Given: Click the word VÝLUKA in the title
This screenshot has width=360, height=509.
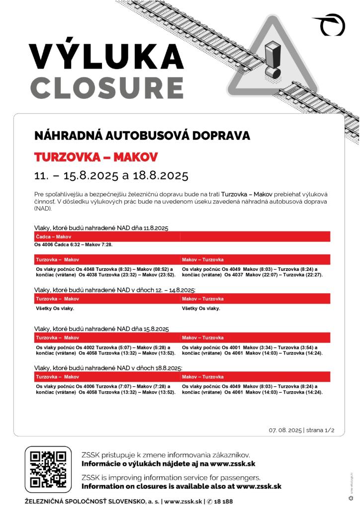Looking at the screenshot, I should [106, 56].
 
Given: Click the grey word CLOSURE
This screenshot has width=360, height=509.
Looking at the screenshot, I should [106, 88].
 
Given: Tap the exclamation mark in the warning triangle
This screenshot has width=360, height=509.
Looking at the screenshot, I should [272, 59].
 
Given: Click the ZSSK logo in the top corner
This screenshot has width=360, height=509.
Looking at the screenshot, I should [330, 24].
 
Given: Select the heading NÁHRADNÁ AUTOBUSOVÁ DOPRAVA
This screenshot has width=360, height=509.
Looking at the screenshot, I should [142, 136].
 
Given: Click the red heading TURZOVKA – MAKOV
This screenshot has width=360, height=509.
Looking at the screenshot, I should [96, 158].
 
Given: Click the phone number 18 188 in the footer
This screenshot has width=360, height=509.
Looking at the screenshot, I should [222, 502].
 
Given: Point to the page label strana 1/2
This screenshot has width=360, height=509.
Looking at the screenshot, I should [320, 430].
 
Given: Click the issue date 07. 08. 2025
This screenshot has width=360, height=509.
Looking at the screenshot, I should [285, 430].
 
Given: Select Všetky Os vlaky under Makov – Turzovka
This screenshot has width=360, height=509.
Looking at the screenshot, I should [201, 308].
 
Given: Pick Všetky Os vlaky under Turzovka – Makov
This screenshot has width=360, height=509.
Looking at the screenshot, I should [55, 308].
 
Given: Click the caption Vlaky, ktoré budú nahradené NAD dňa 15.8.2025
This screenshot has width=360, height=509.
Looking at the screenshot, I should [101, 329].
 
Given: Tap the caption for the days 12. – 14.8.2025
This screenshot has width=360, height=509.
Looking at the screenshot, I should [115, 290].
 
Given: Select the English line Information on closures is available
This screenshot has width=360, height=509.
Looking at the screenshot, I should [181, 486].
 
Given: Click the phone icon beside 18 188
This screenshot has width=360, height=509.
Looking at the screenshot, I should [209, 502].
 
